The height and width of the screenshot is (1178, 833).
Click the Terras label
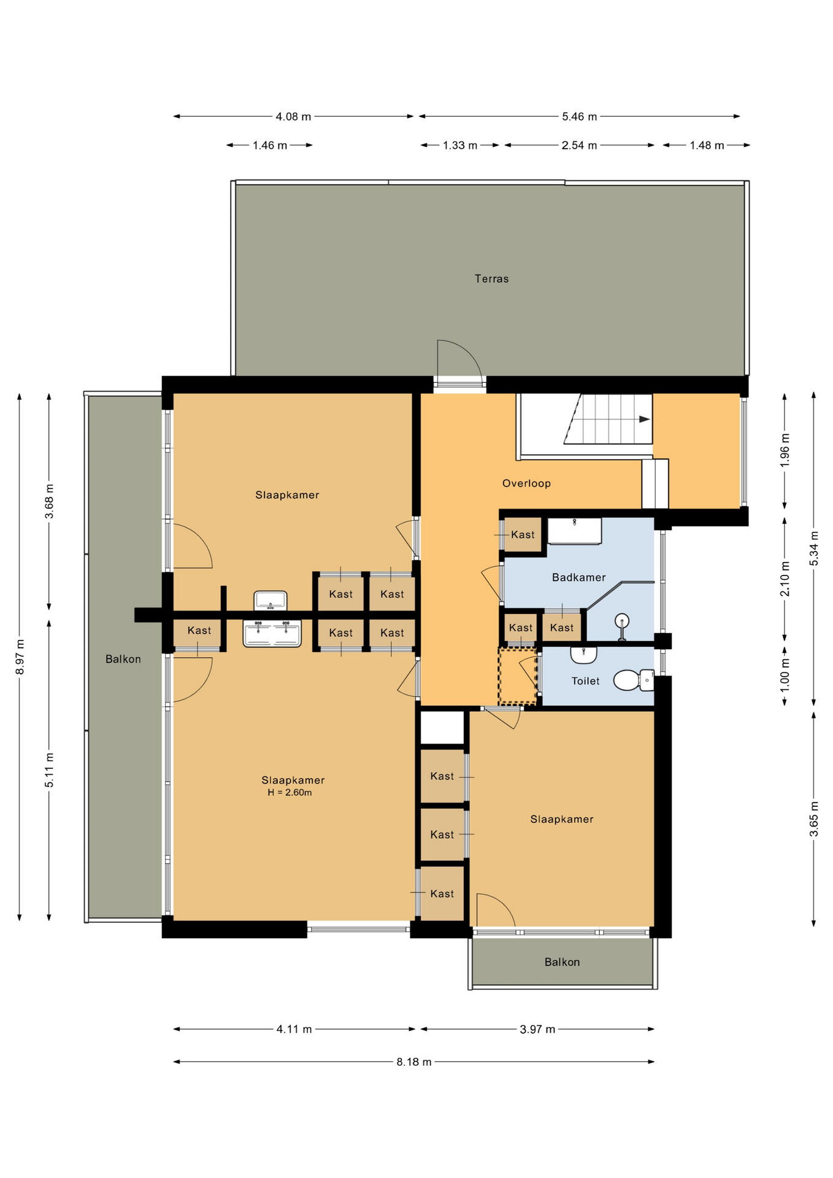[491, 279]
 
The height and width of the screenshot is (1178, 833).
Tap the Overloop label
[526, 483]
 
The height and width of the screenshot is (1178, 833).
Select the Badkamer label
[578, 577]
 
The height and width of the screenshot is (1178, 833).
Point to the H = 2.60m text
[290, 793]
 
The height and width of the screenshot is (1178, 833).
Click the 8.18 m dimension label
[413, 1062]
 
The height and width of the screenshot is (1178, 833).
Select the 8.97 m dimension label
[20, 657]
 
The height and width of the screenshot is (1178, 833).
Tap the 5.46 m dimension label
[579, 117]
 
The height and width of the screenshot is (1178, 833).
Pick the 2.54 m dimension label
[579, 145]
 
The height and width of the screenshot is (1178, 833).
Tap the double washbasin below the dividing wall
[272, 633]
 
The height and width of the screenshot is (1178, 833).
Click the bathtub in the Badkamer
[574, 531]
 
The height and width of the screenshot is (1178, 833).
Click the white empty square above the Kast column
[442, 728]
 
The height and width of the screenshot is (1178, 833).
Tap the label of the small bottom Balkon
[562, 962]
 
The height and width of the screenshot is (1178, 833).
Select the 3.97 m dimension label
[537, 1030]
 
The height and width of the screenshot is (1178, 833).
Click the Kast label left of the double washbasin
[199, 630]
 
